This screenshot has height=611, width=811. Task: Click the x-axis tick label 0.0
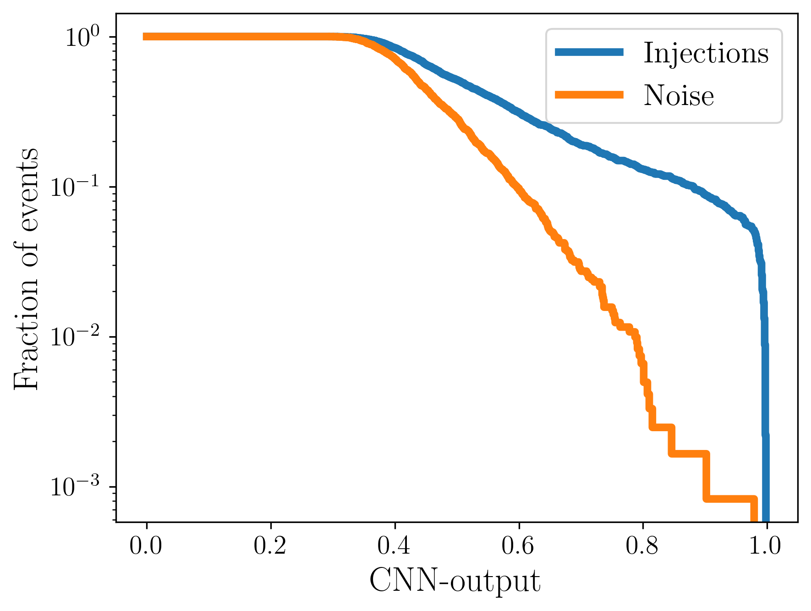pos(146,546)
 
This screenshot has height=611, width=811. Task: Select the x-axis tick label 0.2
pos(270,546)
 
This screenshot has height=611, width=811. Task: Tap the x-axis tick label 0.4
pos(395,546)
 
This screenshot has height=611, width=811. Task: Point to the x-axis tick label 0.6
pos(519,546)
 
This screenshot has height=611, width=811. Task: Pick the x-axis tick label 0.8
pos(643,546)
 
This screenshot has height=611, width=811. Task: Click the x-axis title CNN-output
pos(455,582)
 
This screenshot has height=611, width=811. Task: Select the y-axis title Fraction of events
pos(27,268)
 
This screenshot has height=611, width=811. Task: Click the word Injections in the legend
pos(706,53)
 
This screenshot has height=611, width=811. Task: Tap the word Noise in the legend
pos(679,96)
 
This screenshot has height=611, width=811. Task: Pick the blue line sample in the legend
pos(589,52)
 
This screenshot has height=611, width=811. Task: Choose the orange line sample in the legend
pos(589,94)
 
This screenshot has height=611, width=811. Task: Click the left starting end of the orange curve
pos(145,37)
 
